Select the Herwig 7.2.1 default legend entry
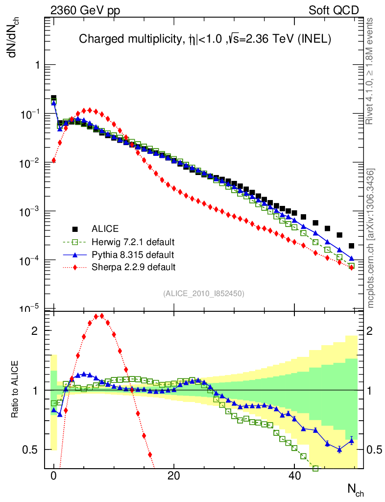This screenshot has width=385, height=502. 134,242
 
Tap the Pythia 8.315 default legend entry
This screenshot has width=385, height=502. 133,254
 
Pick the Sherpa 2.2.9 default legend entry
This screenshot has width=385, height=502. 134,267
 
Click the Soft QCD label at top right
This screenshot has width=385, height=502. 334,10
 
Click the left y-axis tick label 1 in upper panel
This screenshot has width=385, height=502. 35,65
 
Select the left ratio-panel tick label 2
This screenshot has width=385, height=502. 35,330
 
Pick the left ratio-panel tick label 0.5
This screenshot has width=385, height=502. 30,450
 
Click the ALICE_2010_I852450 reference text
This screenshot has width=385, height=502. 204,293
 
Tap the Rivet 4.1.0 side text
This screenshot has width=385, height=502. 371,71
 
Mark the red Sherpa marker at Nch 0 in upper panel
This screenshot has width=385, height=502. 54,160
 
